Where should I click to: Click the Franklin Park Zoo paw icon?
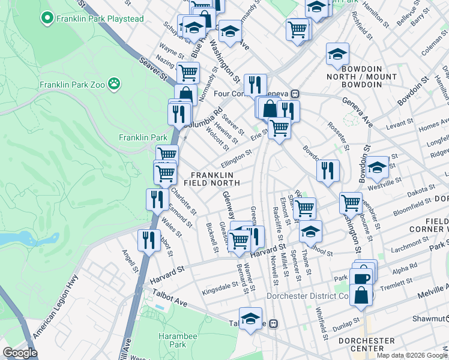(x=114, y=84)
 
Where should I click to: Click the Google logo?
(x=20, y=353)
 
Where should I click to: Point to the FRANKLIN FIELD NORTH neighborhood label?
(x=207, y=178)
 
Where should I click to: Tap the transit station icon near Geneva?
(x=295, y=94)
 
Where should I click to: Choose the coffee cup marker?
(x=362, y=277)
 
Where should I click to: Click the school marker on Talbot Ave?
(x=250, y=319)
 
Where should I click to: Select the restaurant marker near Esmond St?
(x=157, y=199)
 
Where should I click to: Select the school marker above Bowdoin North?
(x=337, y=54)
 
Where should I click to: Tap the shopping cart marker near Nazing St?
(x=188, y=73)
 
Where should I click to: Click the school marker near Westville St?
(x=378, y=167)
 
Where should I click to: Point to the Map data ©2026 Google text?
(x=412, y=355)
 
